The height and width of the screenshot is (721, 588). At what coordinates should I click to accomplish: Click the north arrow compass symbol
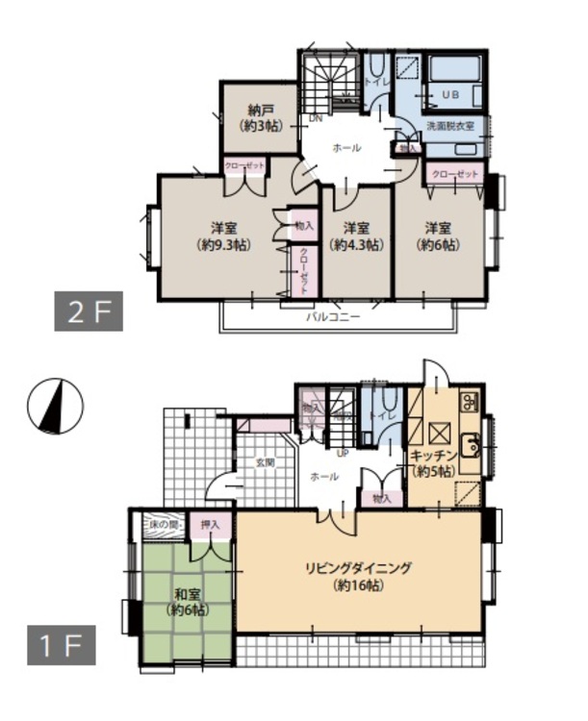(x=56, y=406)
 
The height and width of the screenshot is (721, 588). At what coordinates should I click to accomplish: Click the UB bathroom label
(x=450, y=93)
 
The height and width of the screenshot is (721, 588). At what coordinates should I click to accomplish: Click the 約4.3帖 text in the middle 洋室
(x=357, y=245)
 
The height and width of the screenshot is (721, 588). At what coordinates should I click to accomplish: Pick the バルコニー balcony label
(x=334, y=314)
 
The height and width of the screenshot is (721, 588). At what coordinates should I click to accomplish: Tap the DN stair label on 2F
(x=315, y=119)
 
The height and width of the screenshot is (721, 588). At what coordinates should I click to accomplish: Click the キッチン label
(x=432, y=458)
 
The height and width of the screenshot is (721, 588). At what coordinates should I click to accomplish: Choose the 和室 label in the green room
(x=187, y=594)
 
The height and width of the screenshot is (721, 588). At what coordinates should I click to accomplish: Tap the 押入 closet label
(x=209, y=525)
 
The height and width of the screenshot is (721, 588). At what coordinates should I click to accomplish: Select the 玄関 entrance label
(x=265, y=462)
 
